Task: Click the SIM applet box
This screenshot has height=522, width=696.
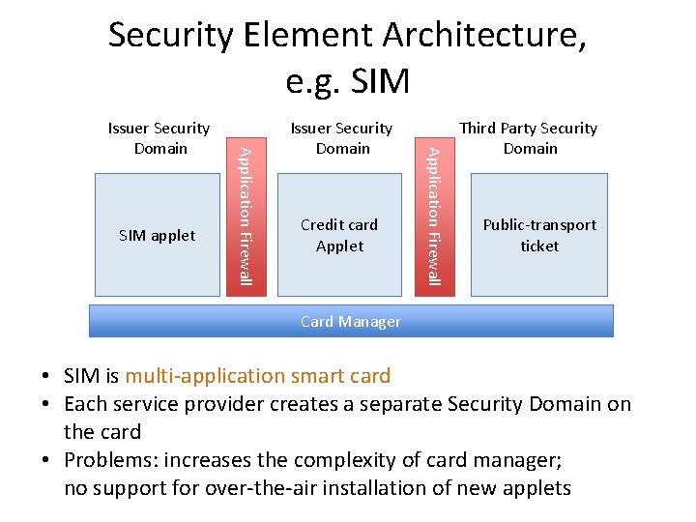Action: pos(157,235)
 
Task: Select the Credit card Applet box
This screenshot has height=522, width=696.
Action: pos(339,235)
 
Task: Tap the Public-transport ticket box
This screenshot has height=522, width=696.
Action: pos(538,235)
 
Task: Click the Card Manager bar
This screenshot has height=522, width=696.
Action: pos(351,322)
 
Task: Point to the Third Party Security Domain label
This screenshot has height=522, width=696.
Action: pos(529,138)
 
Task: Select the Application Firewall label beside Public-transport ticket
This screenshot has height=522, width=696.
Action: pos(436,215)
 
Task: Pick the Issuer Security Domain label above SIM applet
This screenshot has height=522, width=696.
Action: pos(159,138)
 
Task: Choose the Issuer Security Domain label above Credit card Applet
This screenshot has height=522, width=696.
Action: pos(342,138)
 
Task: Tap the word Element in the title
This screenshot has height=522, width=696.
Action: pos(306,36)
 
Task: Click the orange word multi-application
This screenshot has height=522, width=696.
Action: pos(257,376)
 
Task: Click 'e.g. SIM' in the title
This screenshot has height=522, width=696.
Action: pos(348,81)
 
